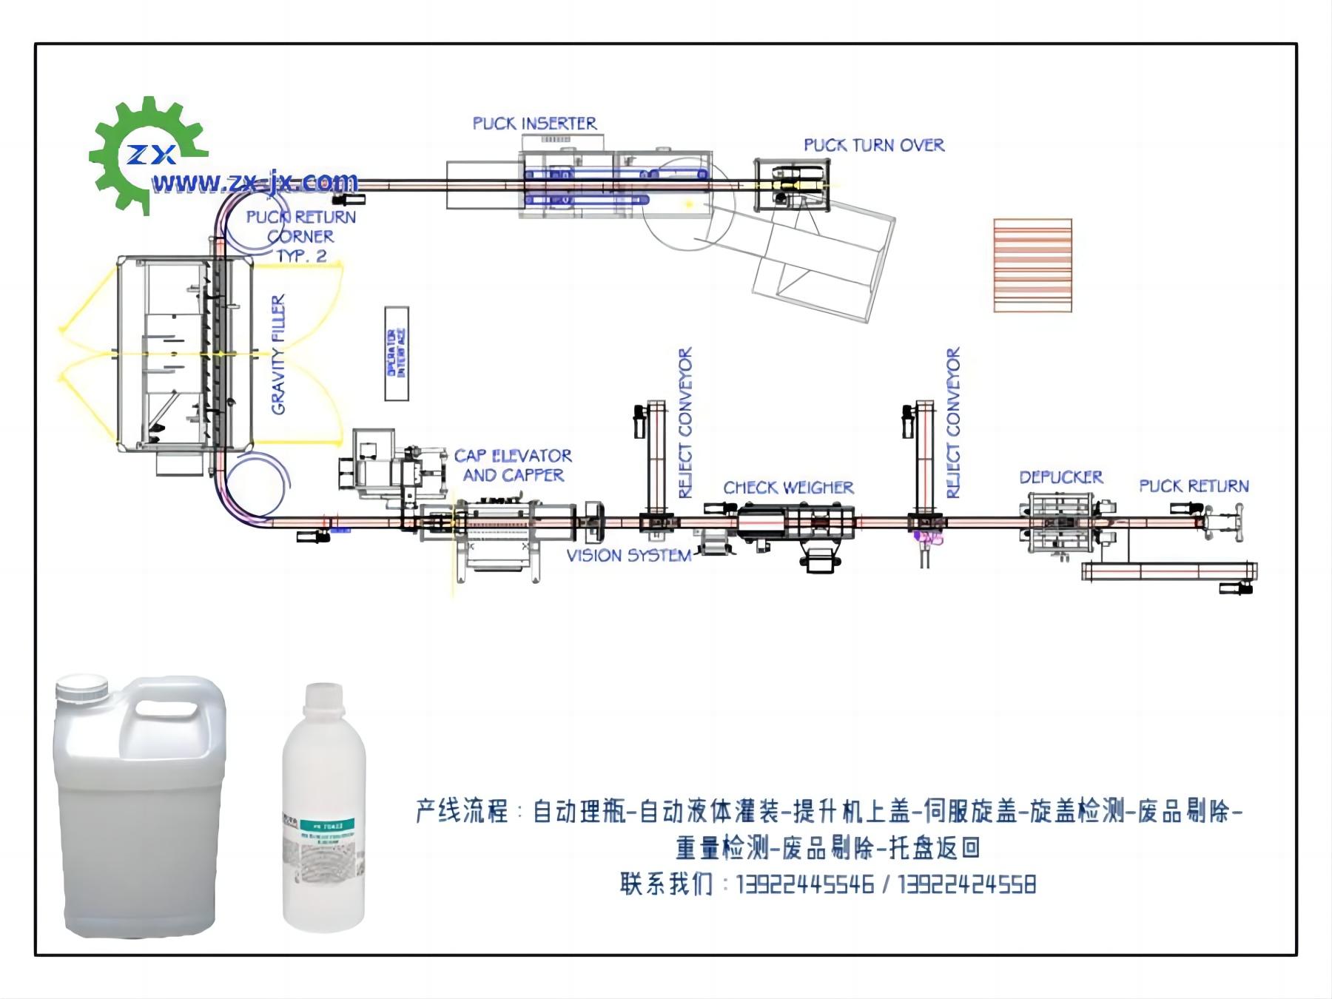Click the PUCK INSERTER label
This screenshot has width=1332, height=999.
(x=534, y=124)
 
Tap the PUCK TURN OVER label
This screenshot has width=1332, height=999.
(x=874, y=145)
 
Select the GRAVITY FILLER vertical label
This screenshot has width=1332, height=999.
(x=278, y=354)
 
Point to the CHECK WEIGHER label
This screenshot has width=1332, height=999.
(x=788, y=488)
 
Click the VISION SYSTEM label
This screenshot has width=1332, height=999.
(x=629, y=556)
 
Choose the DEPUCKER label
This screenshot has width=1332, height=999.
(x=1061, y=477)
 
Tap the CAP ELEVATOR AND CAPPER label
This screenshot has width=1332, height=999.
(x=513, y=465)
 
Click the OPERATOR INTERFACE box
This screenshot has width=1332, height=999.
(x=397, y=354)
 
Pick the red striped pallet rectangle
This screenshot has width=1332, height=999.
(x=1032, y=265)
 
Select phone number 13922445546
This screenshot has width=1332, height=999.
(x=804, y=884)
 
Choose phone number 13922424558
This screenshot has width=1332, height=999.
(x=966, y=884)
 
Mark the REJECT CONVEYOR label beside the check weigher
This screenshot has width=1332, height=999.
(x=685, y=423)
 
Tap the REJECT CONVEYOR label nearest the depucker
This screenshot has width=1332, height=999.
(x=953, y=423)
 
